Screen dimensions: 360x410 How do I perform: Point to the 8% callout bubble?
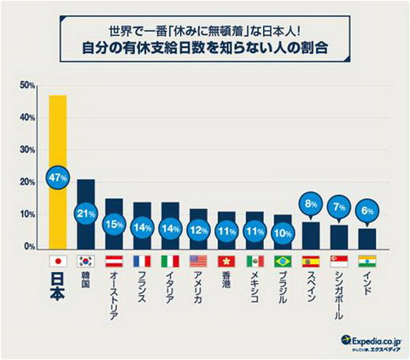point(311,204)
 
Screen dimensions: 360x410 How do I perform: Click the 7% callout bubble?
point(339,207)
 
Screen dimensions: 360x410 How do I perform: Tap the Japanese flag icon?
point(57,262)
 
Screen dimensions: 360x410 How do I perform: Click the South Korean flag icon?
point(85,262)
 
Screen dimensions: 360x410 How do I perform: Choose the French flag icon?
point(142,262)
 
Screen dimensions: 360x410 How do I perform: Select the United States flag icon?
point(198,262)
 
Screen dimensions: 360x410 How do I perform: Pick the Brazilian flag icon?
point(283,262)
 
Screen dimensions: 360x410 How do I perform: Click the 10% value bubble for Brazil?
point(283,231)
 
